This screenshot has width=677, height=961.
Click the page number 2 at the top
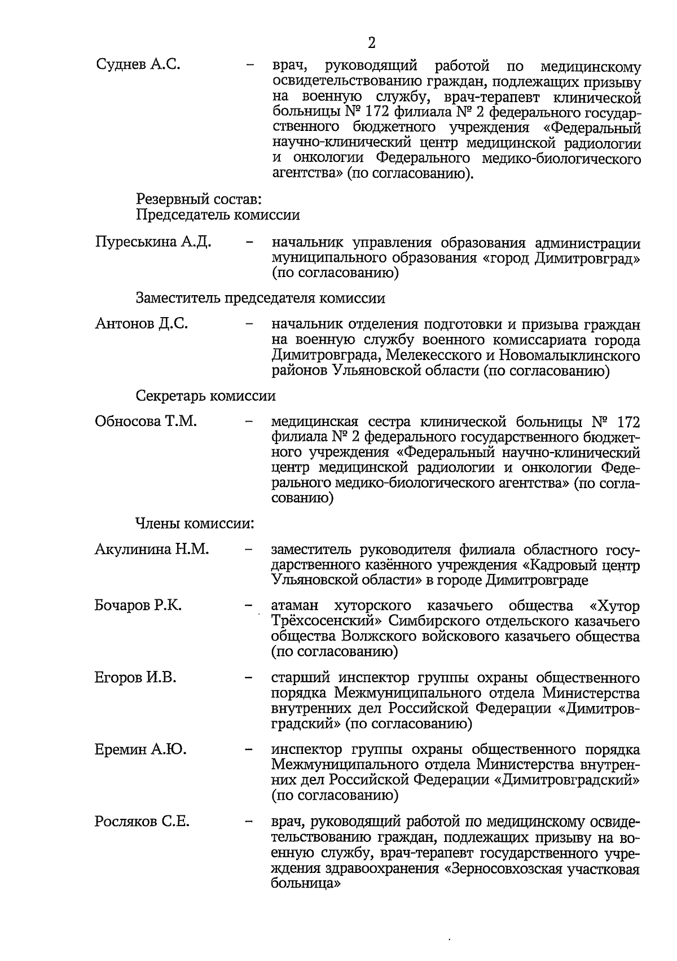371,43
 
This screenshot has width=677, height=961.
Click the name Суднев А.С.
138,65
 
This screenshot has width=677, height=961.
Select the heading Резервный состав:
198,199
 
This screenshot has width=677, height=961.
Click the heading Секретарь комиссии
205,396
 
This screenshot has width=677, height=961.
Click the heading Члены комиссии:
194,523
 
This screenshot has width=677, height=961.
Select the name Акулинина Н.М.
152,550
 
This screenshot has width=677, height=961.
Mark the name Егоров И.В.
135,678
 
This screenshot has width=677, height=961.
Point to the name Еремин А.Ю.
140,750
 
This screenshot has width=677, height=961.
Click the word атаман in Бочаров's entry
294,607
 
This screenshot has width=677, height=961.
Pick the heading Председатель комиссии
217,215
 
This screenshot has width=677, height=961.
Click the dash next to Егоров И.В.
248,678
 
